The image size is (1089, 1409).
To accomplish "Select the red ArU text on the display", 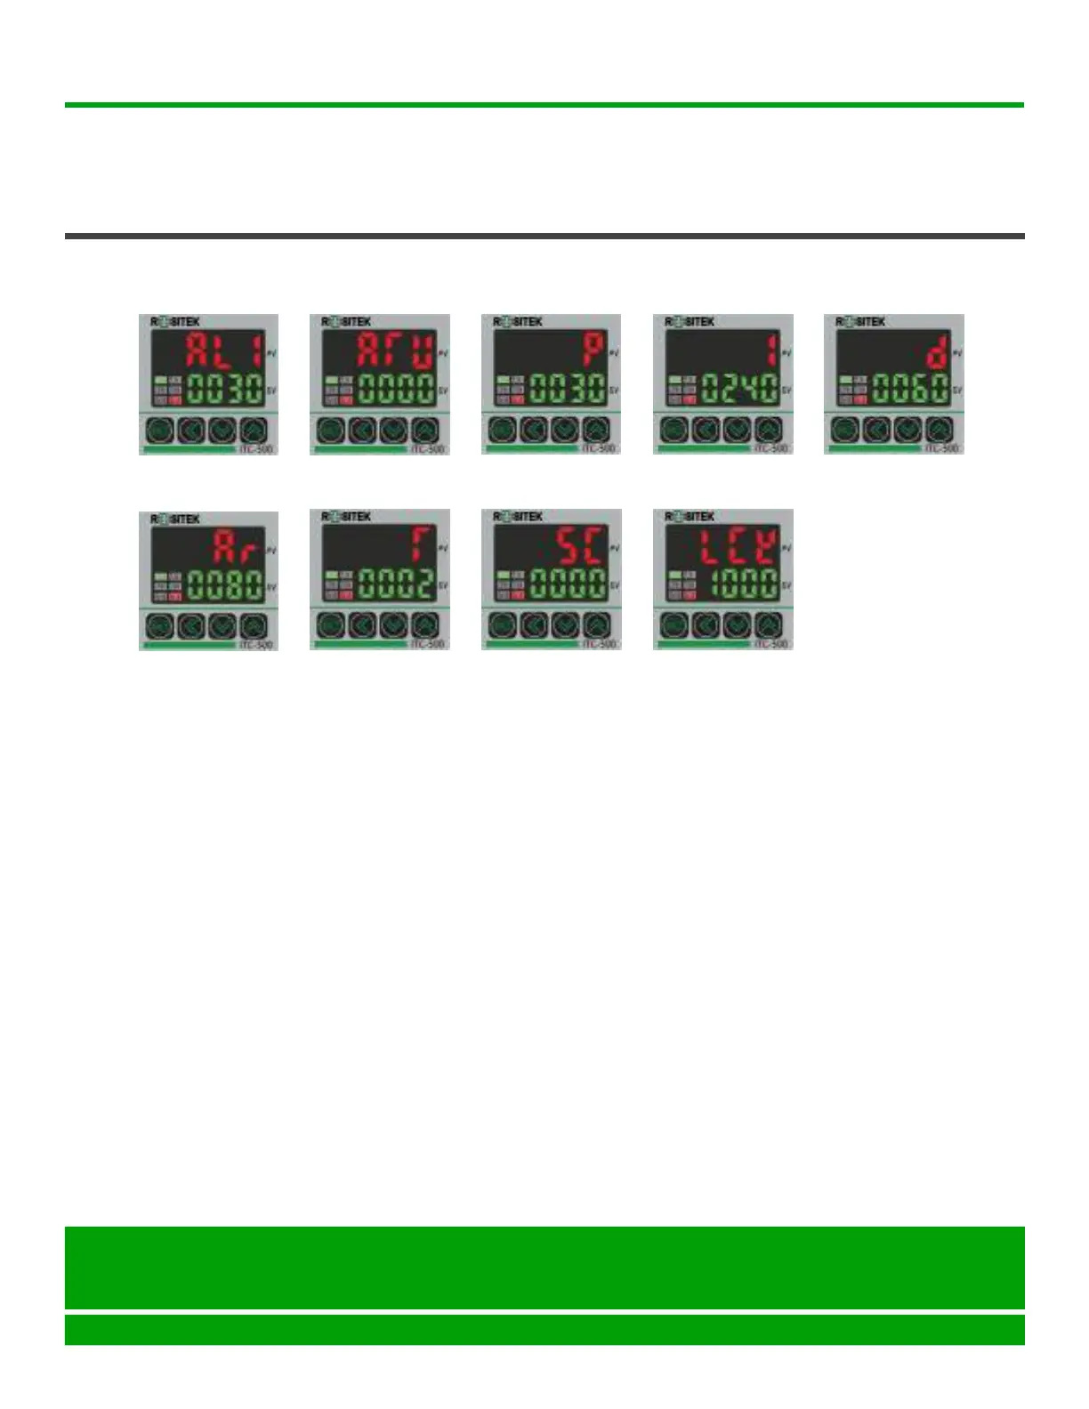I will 395,351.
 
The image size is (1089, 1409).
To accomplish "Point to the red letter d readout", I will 937,351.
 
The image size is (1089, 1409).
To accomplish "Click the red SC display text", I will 583,546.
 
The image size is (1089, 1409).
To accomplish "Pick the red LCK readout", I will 738,546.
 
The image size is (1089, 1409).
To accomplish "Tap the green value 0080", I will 226,586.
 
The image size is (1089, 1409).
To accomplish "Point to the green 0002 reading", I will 397,584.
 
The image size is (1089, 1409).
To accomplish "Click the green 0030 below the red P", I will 569,389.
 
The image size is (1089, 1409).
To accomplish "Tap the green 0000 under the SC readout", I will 569,584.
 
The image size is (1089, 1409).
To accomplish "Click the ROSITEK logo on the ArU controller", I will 346,321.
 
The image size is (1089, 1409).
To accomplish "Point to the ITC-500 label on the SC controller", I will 600,643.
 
